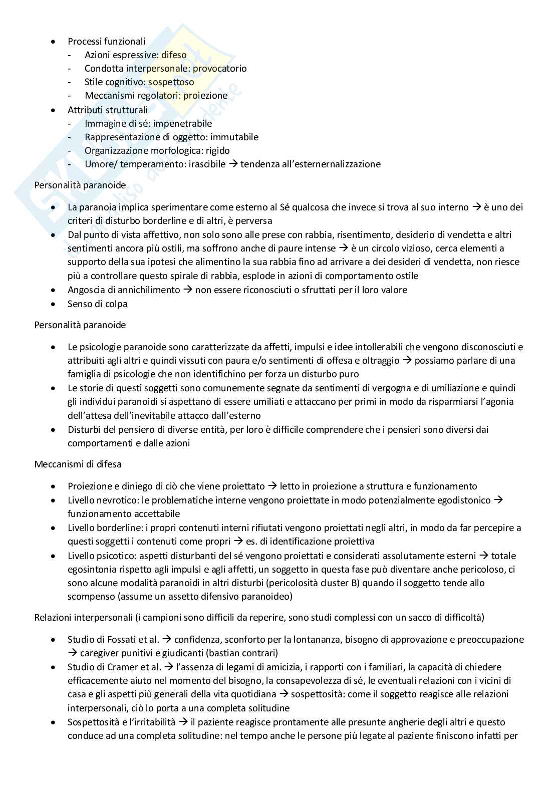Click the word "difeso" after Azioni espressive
click(x=174, y=55)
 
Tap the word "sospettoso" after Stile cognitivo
click(x=171, y=82)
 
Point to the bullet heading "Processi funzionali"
click(x=107, y=42)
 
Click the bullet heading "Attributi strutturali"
click(x=108, y=110)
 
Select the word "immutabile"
click(x=234, y=137)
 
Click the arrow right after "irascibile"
click(x=233, y=164)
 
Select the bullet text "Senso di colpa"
click(x=98, y=304)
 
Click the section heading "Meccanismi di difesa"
click(x=78, y=464)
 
